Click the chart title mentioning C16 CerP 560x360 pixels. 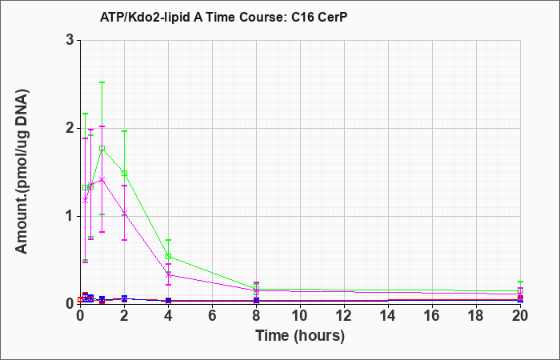[223, 17]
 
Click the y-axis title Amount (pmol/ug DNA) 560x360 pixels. [22, 172]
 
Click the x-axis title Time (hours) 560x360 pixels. [300, 336]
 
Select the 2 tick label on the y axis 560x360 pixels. [70, 128]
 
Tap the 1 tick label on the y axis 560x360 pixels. [70, 216]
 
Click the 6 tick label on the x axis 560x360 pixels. [212, 315]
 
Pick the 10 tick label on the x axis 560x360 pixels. [300, 315]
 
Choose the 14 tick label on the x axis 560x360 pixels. [388, 315]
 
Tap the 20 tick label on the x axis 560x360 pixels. [520, 315]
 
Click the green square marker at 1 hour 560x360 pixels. [102, 148]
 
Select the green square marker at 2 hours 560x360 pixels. [124, 174]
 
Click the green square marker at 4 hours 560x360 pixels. [168, 257]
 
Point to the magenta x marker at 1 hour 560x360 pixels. [102, 179]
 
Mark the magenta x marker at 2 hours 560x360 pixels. [124, 213]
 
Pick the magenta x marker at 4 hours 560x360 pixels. [168, 275]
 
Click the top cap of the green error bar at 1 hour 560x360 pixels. [102, 82]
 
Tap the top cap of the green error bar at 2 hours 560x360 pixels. [124, 131]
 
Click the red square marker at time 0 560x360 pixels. [80, 300]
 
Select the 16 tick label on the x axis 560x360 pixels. [432, 315]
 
